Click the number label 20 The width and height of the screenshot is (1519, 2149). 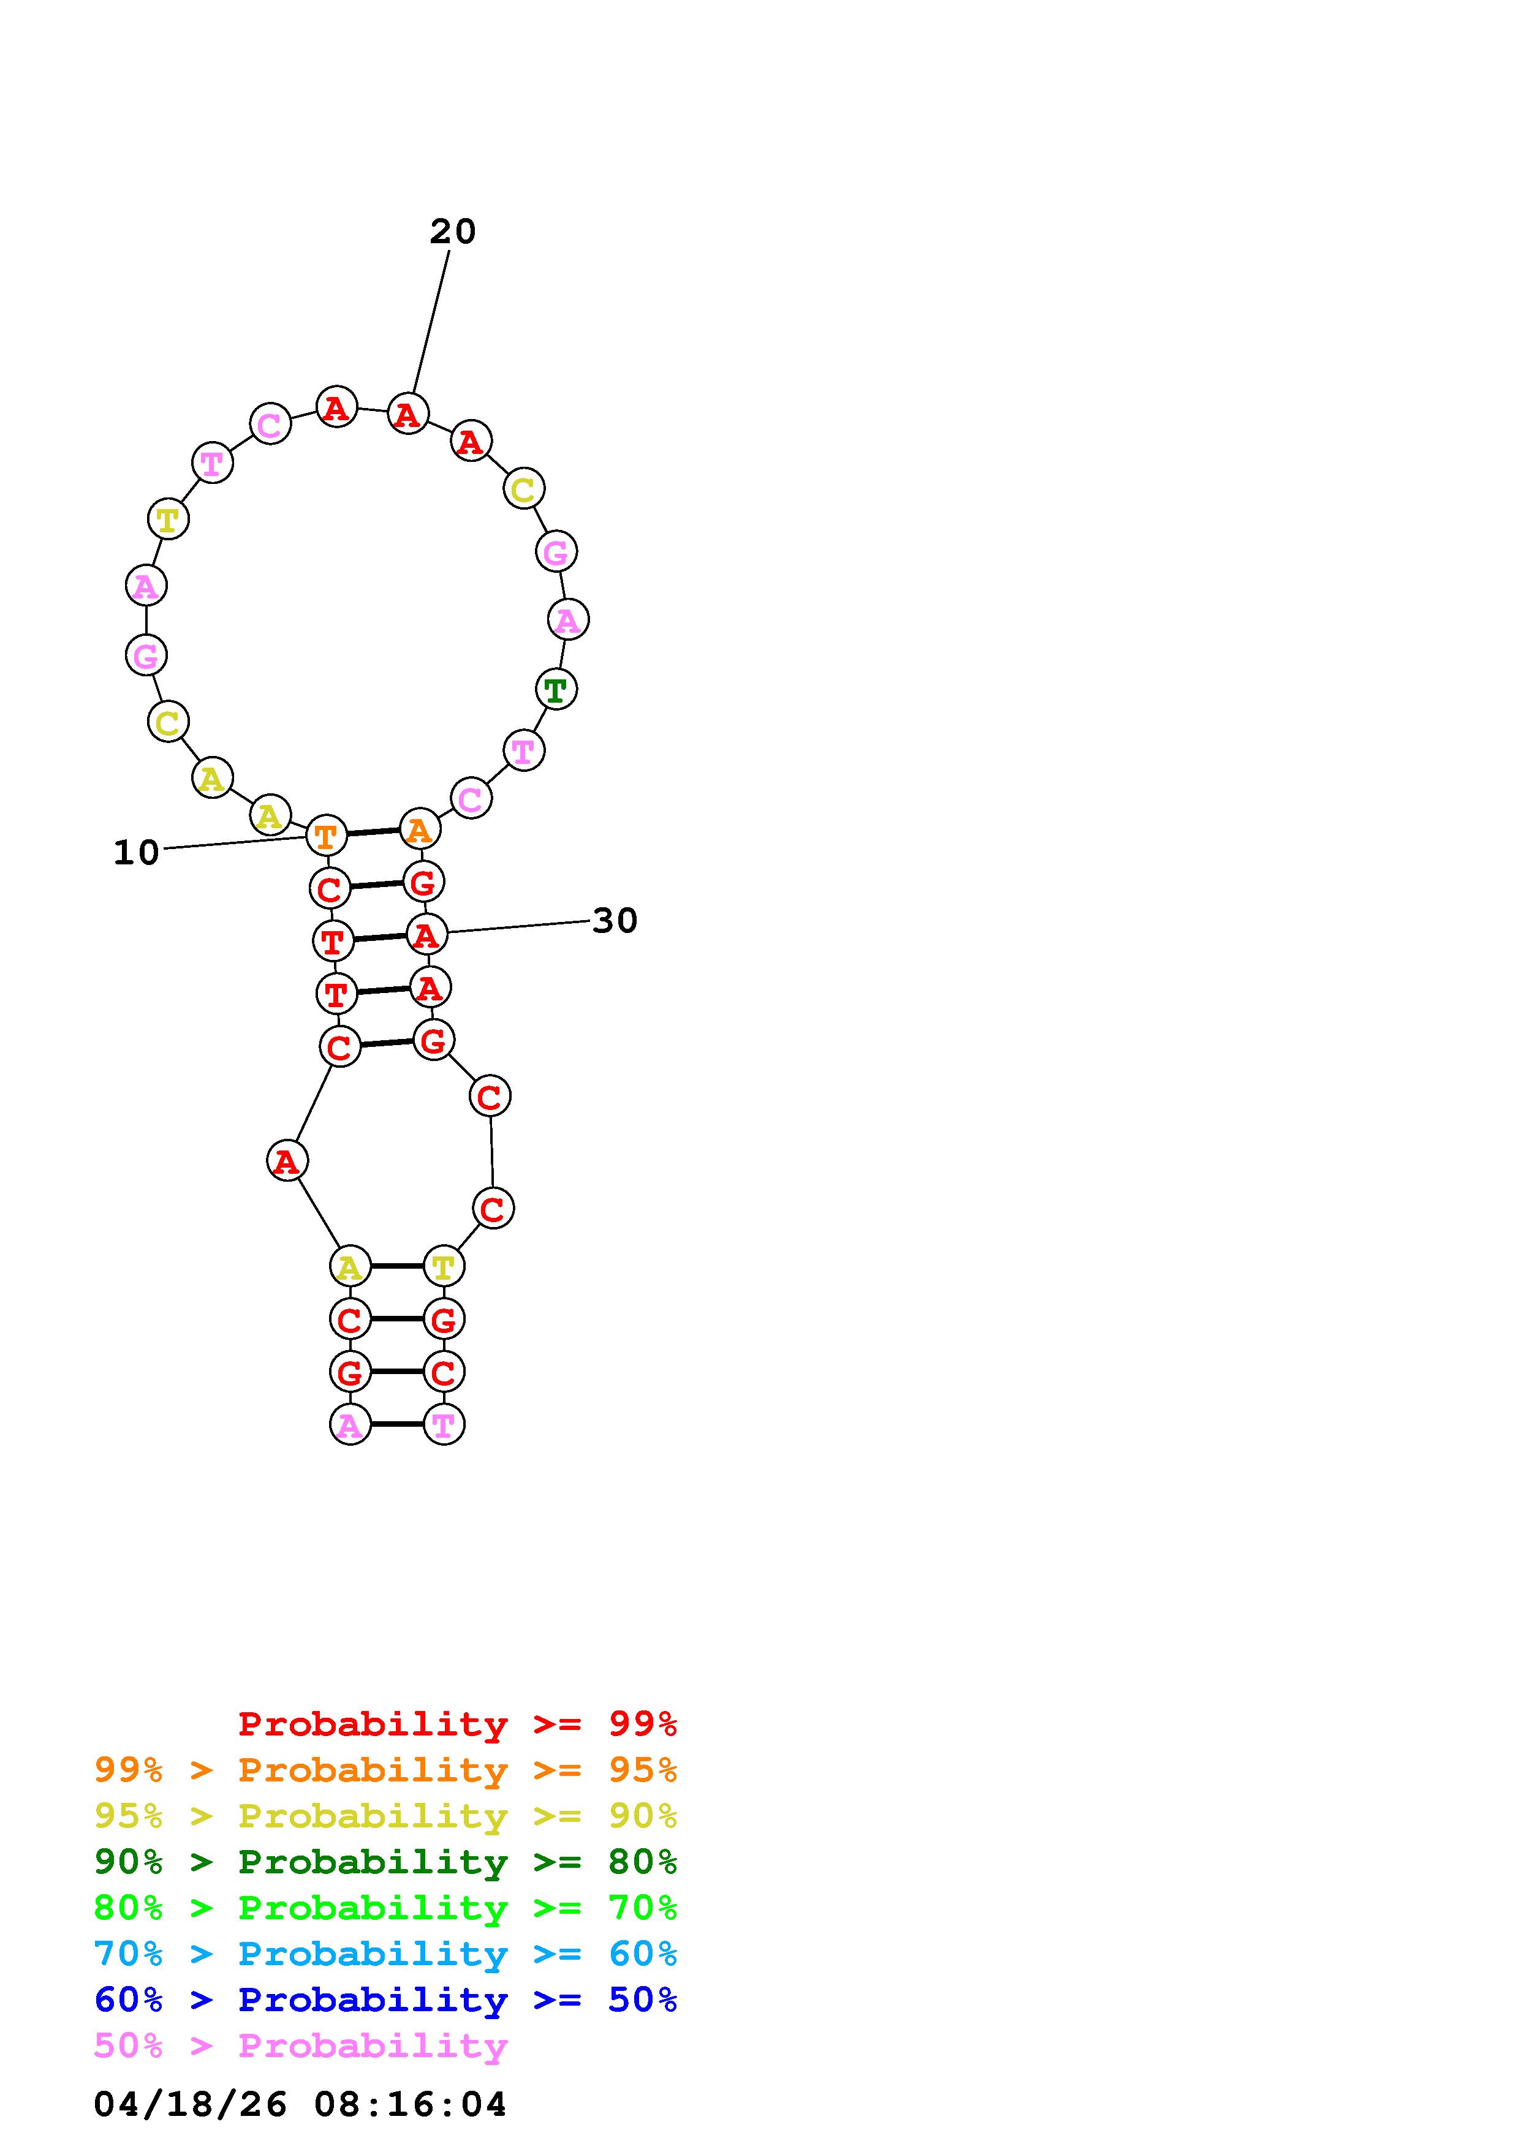(x=453, y=231)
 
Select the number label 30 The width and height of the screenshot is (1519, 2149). (x=615, y=921)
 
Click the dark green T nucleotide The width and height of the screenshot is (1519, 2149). (x=556, y=690)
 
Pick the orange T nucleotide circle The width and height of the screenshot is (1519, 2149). (x=327, y=835)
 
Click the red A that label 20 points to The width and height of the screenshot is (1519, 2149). (x=408, y=414)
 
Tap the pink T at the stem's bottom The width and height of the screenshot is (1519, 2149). (x=444, y=1424)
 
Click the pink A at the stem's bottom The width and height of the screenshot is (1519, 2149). (x=350, y=1424)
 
